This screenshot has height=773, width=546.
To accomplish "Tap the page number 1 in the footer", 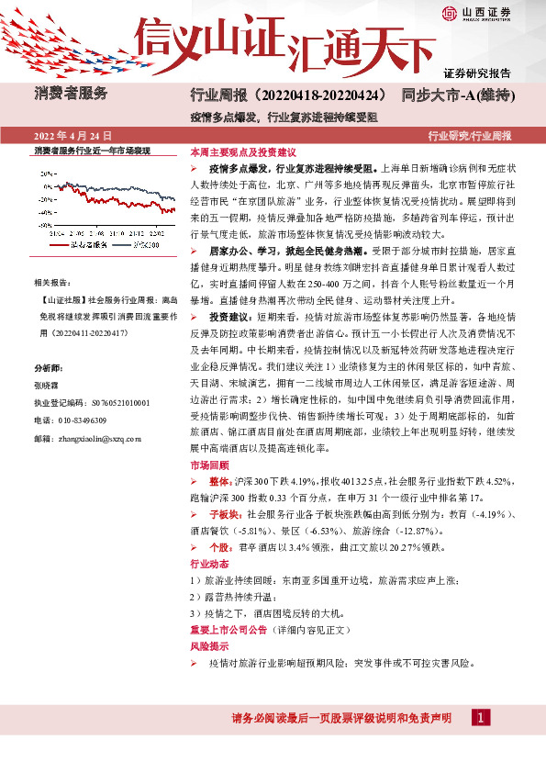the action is [x=478, y=717].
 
